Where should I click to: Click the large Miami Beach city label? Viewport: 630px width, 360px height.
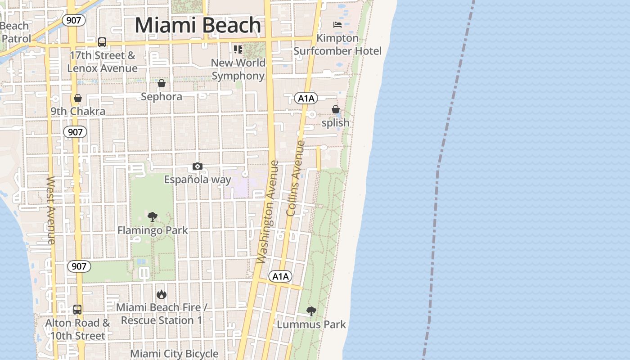click(198, 25)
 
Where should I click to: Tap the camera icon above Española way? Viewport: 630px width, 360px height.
click(197, 166)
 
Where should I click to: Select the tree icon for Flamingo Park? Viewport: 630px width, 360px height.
click(153, 217)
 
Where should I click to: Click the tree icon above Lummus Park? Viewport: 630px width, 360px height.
click(311, 311)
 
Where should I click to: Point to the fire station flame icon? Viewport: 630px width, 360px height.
click(162, 294)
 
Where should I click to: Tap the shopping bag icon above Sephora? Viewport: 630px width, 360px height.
click(162, 83)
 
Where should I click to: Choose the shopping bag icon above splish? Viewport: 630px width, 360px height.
click(336, 109)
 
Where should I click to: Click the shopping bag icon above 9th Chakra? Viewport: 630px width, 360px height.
click(78, 98)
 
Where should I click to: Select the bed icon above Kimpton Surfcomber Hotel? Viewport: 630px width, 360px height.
click(337, 25)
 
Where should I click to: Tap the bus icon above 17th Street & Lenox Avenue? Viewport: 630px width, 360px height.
click(102, 42)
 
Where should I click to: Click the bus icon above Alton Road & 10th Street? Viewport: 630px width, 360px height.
click(77, 310)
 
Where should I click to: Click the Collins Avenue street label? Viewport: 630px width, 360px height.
click(295, 178)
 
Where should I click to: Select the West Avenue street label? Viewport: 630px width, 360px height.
click(50, 210)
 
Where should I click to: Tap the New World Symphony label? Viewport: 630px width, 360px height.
click(238, 69)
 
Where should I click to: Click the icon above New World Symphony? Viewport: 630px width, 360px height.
click(238, 49)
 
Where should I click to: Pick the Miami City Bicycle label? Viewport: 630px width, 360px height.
click(174, 354)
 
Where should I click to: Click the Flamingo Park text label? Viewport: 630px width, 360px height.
click(153, 230)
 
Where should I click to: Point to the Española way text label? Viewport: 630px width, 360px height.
click(198, 180)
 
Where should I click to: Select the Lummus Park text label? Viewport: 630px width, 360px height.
click(311, 324)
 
